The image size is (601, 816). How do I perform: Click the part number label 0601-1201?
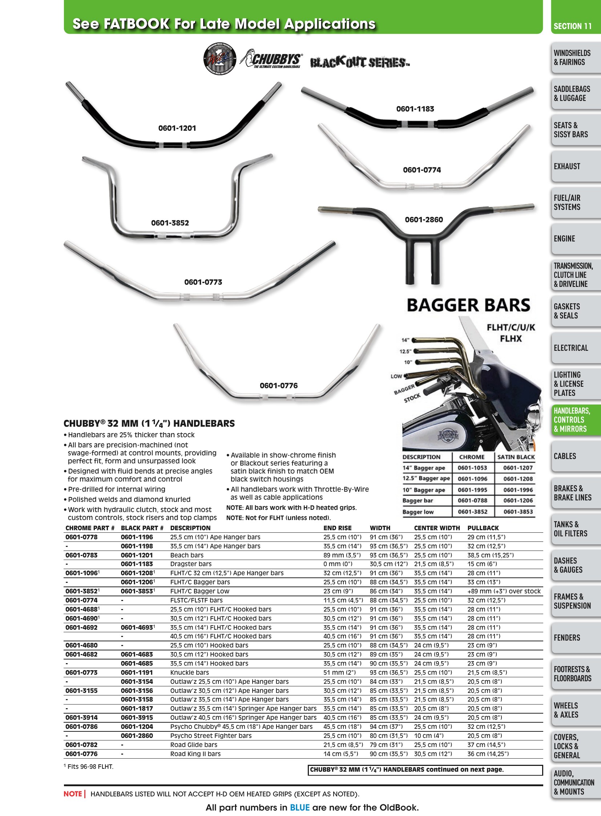coord(177,128)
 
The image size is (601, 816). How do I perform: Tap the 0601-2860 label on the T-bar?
coord(424,220)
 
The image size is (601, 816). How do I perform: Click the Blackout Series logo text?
coord(360,62)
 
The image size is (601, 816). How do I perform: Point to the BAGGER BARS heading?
coord(469,305)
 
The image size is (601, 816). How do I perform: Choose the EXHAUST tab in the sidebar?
coord(567,167)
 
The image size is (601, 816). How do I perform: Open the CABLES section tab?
coord(565,456)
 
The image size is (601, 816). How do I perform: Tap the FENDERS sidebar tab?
coord(567,637)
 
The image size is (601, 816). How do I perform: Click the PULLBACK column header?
coord(483,528)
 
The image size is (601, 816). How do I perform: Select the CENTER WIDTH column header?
coord(437,528)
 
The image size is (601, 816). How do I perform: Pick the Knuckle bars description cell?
coord(190,673)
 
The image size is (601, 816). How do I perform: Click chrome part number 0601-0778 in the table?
coord(81,537)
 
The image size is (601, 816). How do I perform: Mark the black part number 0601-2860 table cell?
coord(137,736)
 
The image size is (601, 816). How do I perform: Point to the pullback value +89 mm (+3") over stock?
coord(504,591)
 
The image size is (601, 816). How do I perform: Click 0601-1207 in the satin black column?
coord(518,468)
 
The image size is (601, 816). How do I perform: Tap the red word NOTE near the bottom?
coord(73,794)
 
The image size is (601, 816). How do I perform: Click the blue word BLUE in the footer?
coord(300,808)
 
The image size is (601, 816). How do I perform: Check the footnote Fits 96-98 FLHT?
coord(88,767)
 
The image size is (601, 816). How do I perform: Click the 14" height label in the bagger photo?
coord(405,340)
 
